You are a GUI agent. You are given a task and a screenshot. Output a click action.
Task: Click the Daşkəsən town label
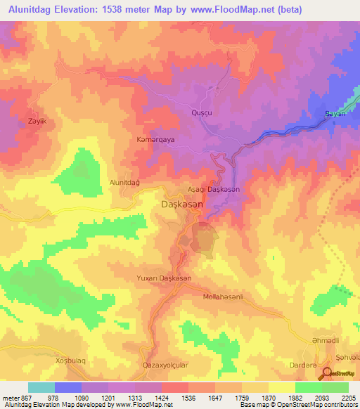179,203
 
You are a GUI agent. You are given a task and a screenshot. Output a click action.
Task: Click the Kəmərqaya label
155,140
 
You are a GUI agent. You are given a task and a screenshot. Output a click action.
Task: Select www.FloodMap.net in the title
266,11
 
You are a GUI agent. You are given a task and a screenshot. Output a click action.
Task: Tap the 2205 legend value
349,398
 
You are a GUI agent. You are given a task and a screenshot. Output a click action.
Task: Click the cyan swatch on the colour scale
41,387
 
